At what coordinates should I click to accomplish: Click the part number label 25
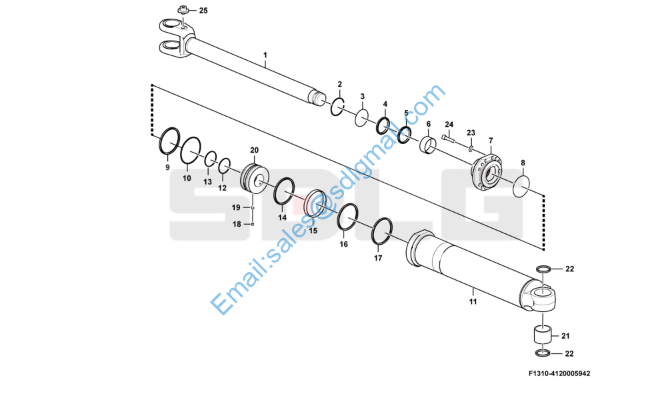pyautogui.click(x=203, y=11)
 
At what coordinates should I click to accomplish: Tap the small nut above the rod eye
pyautogui.click(x=182, y=10)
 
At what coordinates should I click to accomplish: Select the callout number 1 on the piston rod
pyautogui.click(x=265, y=54)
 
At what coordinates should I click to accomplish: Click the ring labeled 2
pyautogui.click(x=338, y=106)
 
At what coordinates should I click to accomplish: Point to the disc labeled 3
pyautogui.click(x=361, y=118)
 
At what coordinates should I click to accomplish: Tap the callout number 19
pyautogui.click(x=236, y=208)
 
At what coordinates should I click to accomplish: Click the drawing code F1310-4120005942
pyautogui.click(x=559, y=373)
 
